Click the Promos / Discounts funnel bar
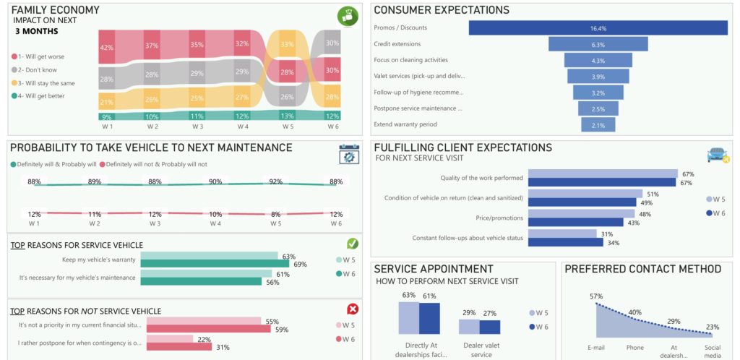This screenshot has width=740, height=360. tap(598, 27)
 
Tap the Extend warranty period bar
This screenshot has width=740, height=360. tap(598, 125)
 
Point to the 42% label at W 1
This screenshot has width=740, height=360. tap(107, 48)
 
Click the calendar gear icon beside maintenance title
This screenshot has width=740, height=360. tap(348, 154)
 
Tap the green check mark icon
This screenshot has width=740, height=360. tap(353, 244)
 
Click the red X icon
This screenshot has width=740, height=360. tap(353, 309)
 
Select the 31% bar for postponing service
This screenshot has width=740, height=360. tap(179, 347)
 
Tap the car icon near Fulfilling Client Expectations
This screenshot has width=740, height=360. tap(717, 155)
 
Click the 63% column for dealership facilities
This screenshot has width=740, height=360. tap(408, 318)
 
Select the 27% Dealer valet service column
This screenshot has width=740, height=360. tap(489, 327)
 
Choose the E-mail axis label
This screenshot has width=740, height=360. tap(596, 348)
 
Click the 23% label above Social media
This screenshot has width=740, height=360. tap(712, 326)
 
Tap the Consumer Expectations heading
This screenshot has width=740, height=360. tap(441, 10)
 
